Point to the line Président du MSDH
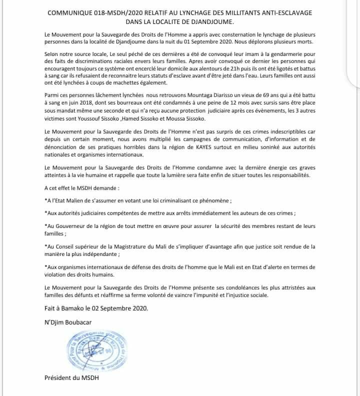click(x=72, y=378)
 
